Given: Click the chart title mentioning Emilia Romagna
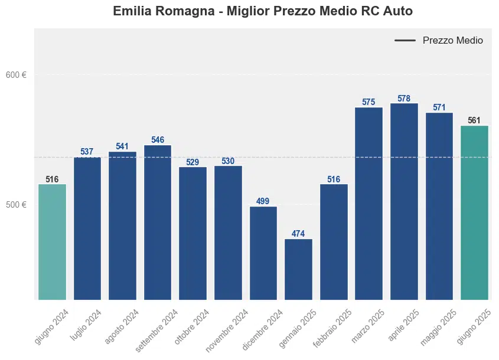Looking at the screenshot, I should coord(262,11).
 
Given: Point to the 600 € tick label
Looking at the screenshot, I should coord(16,75).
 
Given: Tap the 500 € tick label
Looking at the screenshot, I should coord(16,205).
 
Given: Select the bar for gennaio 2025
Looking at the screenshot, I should coord(298,269).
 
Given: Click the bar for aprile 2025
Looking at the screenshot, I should coord(404,201).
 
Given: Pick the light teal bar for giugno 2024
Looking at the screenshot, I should coord(52,242).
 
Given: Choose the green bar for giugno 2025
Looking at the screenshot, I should coord(474,212).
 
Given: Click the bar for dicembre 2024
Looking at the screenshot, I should coord(263,253).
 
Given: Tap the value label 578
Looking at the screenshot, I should coord(404,99).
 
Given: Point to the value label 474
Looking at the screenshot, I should coord(298,234).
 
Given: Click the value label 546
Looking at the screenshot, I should coord(158,140).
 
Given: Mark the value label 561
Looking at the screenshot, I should coord(474,120).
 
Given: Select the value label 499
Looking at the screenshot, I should coord(263,201).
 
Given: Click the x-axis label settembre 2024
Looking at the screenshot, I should coord(157,330).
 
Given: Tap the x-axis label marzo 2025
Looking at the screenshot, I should coord(367,326).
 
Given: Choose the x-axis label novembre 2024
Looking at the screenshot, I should coord(227,330).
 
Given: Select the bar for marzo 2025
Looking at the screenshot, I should coord(368,203).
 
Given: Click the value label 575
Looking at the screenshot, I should coord(368,102).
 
